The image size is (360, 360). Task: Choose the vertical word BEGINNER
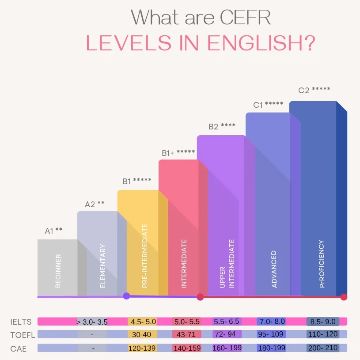58,271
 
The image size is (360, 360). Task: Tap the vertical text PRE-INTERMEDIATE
144,256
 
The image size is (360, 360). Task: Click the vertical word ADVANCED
274,269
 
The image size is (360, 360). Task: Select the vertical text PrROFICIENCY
322,264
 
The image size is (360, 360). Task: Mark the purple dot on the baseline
126,296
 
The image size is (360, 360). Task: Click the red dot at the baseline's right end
344,297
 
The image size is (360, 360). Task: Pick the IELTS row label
19,322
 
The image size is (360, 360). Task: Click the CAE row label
19,349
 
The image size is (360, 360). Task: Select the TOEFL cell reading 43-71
186,334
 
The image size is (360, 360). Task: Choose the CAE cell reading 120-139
142,348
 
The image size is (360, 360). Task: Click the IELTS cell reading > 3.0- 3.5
92,322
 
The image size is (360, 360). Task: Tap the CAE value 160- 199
227,348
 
